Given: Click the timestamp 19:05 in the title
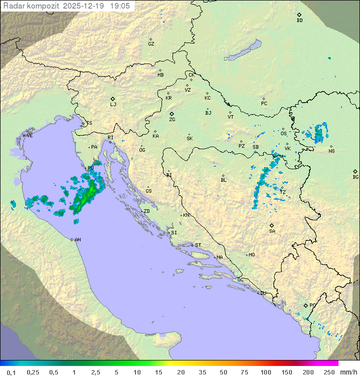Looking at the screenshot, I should [120, 6].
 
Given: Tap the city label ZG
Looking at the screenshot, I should [172, 120].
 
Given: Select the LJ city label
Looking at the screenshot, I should [113, 105].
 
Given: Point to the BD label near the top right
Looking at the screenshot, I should [299, 21].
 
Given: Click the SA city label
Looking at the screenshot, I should [272, 231].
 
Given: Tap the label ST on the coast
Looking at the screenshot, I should [198, 245].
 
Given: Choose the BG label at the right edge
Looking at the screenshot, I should [355, 177].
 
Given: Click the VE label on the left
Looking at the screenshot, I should [29, 136].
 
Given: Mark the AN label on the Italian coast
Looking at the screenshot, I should [77, 240].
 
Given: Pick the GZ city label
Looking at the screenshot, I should [151, 44].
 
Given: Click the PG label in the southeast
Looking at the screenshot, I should [312, 305].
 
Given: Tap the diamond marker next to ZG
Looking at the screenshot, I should [171, 114].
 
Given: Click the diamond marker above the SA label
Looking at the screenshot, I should [272, 225].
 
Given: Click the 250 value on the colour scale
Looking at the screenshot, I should [328, 372].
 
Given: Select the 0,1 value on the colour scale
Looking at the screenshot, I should [11, 372].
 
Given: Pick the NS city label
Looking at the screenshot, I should [331, 151].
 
